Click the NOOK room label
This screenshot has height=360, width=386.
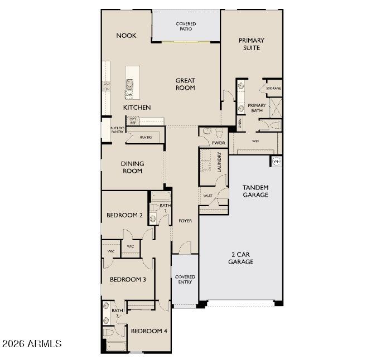(x=126, y=36)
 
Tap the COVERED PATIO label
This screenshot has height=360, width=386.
(x=185, y=26)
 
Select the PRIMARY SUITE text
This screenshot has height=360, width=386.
(x=251, y=44)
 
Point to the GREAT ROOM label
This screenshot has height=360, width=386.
(x=185, y=84)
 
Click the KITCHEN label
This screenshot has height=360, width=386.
(x=137, y=107)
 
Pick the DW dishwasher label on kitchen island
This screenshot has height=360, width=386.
(x=129, y=95)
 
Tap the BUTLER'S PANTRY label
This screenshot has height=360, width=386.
(x=117, y=130)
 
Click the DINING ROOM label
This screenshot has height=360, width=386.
(x=132, y=167)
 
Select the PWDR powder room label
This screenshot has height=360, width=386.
(x=218, y=143)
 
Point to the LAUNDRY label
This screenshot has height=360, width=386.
(x=219, y=162)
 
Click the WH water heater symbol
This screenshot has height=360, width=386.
(x=276, y=161)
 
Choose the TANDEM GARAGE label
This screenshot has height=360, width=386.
(x=255, y=191)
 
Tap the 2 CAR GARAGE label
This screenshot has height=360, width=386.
(x=241, y=257)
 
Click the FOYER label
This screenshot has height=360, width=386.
(x=185, y=221)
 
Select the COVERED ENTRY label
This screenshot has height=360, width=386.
(x=185, y=279)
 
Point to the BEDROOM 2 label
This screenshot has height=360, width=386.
(x=125, y=215)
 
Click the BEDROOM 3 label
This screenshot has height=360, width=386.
(x=128, y=279)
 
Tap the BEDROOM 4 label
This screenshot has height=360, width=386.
(x=149, y=331)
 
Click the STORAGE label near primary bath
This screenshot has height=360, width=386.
(x=273, y=89)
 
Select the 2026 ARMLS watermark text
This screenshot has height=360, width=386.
(x=32, y=344)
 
